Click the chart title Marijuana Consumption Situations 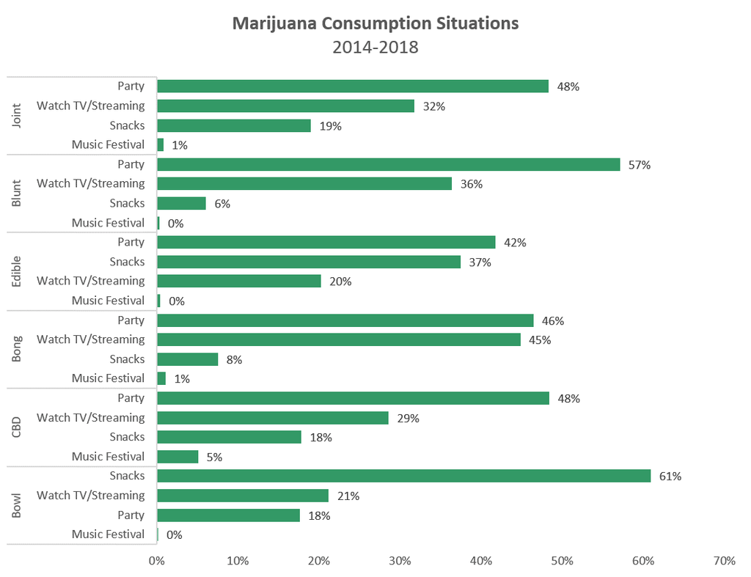pyautogui.click(x=375, y=23)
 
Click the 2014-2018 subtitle pyautogui.click(x=375, y=48)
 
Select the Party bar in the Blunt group pyautogui.click(x=388, y=164)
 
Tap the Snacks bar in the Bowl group pyautogui.click(x=403, y=476)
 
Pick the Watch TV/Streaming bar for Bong pyautogui.click(x=338, y=339)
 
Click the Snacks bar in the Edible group pyautogui.click(x=309, y=262)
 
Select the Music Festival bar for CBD pyautogui.click(x=177, y=457)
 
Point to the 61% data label pyautogui.click(x=670, y=477)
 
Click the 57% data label pyautogui.click(x=640, y=165)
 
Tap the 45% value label pyautogui.click(x=540, y=340)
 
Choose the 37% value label pyautogui.click(x=480, y=262)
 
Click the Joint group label pyautogui.click(x=18, y=115)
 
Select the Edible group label pyautogui.click(x=18, y=271)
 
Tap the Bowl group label pyautogui.click(x=18, y=505)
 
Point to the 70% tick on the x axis pyautogui.click(x=723, y=561)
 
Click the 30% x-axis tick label pyautogui.click(x=400, y=561)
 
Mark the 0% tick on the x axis pyautogui.click(x=157, y=561)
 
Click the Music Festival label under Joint pyautogui.click(x=108, y=144)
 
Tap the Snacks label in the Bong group pyautogui.click(x=128, y=359)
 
